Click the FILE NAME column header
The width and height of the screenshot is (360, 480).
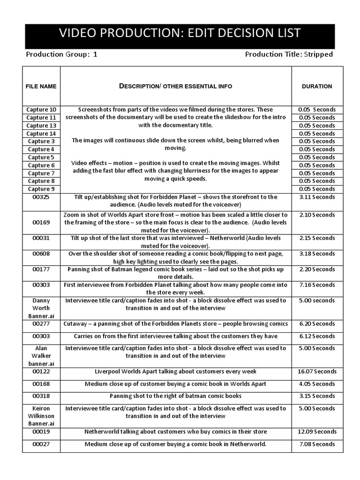click(41, 86)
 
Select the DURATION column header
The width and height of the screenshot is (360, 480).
click(317, 86)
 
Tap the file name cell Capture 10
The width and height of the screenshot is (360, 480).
click(41, 110)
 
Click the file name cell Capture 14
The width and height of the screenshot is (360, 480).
click(41, 134)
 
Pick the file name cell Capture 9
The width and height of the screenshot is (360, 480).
click(41, 189)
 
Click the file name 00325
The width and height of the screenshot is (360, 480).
click(41, 197)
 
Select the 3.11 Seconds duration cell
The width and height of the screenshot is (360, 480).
click(317, 197)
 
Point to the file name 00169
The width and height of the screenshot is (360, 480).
click(41, 223)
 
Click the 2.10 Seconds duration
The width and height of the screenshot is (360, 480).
click(317, 215)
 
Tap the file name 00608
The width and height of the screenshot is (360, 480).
click(41, 254)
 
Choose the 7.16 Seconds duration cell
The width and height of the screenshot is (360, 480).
click(317, 285)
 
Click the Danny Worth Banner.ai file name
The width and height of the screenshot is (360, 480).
click(41, 308)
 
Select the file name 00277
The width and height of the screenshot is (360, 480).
click(41, 324)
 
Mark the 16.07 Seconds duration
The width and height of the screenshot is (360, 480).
click(317, 371)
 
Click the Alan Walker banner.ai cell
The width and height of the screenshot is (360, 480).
click(41, 356)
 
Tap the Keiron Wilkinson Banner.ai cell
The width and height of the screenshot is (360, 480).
click(41, 416)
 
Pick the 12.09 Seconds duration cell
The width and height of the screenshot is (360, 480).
click(317, 432)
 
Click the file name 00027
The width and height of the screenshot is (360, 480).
click(41, 444)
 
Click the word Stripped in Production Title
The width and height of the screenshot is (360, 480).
click(319, 54)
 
